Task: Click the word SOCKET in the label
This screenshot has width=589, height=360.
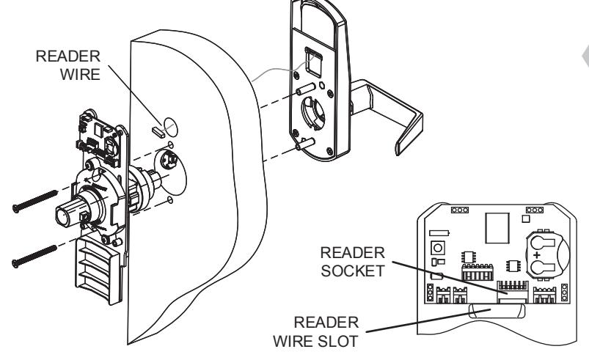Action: click(353, 271)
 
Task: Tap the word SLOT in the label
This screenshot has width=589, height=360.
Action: click(337, 341)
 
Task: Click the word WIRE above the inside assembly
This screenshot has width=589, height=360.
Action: click(80, 74)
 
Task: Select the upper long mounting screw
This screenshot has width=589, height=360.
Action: click(35, 201)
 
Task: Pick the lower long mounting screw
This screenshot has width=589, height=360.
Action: click(34, 257)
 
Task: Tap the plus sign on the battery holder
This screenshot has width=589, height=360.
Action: click(537, 255)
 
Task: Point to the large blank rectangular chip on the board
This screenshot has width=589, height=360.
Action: click(497, 228)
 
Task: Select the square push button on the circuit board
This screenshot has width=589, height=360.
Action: click(437, 248)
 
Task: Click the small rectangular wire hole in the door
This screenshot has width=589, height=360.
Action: click(158, 132)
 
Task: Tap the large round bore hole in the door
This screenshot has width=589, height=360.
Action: click(171, 171)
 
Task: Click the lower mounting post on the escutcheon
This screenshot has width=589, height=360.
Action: click(305, 144)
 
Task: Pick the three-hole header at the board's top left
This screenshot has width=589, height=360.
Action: click(459, 210)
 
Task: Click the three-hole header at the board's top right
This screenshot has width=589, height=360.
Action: click(534, 210)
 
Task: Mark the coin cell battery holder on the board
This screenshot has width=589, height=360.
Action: click(547, 254)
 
